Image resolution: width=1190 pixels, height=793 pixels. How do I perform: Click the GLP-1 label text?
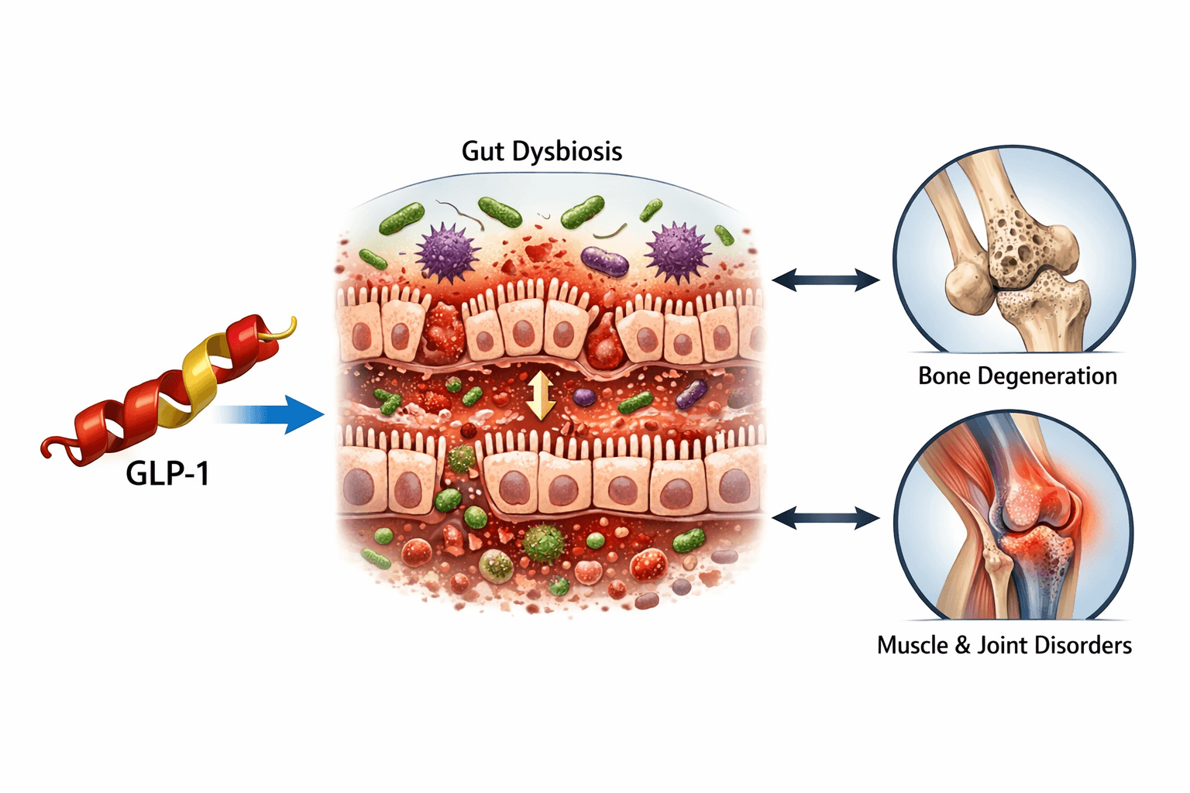click(167, 473)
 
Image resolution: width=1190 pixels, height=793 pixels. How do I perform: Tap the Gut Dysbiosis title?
click(542, 151)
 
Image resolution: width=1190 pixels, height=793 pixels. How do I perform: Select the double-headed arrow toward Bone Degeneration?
click(825, 280)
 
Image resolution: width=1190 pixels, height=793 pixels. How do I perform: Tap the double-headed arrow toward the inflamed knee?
click(825, 518)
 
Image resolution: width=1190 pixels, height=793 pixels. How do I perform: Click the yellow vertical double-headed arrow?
click(541, 395)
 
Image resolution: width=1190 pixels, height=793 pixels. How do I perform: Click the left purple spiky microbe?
click(446, 253)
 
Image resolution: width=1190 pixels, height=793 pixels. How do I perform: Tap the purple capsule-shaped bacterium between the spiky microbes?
click(604, 261)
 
